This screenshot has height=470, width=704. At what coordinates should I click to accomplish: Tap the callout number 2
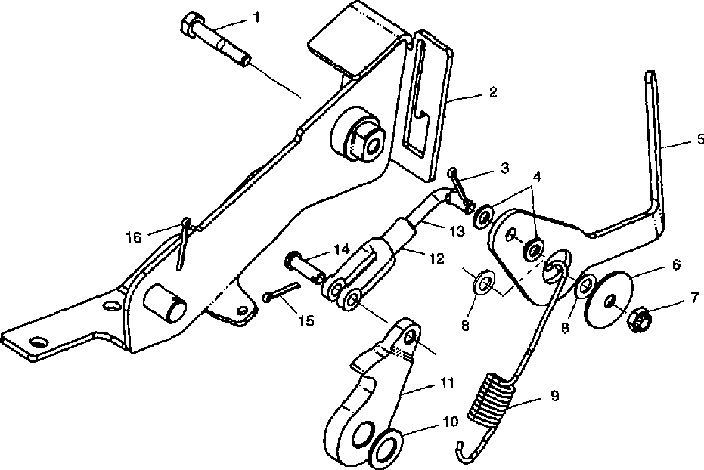click(492, 93)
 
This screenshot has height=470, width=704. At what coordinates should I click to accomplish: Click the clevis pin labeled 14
click(300, 264)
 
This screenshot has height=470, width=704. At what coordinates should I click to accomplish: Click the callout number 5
click(699, 138)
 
